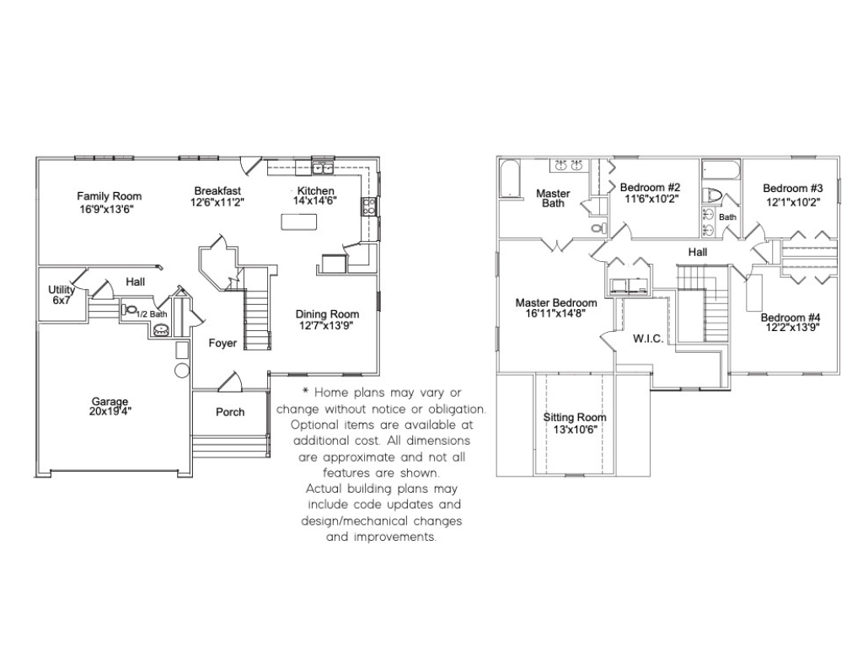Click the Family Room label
point(109,195)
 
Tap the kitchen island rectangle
point(299,222)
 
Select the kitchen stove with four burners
point(369,206)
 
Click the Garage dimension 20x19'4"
point(110,411)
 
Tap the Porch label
point(230,412)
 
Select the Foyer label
point(222,344)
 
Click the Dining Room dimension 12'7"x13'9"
point(326,325)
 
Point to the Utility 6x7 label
point(61,295)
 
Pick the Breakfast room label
point(217,191)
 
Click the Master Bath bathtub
point(510,179)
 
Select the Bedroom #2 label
point(650,188)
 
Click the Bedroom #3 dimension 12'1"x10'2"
point(793,202)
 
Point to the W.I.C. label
point(648,339)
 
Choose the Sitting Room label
point(575,418)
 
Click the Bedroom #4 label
point(791,318)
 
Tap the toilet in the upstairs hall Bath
point(714,195)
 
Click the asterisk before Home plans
point(305,391)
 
